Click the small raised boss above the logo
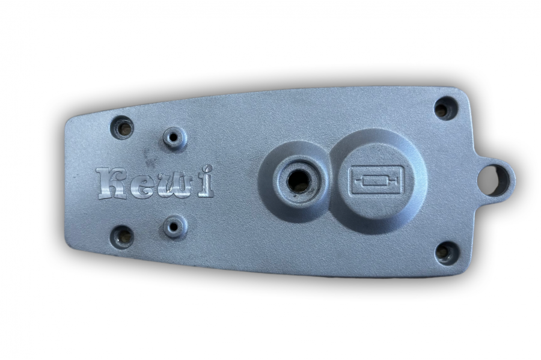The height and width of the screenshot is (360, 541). pyautogui.click(x=174, y=137)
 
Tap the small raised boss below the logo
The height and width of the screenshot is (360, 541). pyautogui.click(x=174, y=226)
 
